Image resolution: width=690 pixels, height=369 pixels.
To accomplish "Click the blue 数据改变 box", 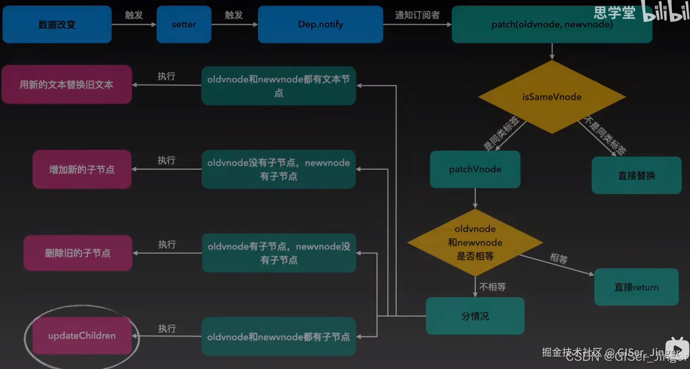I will coord(57,24).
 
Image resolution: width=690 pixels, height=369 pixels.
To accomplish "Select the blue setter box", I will coord(184,24).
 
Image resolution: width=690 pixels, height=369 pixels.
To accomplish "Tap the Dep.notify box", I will coord(320,24).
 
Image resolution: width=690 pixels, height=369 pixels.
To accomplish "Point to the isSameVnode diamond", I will coord(552,97).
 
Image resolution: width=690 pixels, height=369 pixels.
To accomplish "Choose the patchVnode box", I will coord(475,169).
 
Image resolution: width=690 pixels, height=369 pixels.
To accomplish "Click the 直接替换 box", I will coord(636,175).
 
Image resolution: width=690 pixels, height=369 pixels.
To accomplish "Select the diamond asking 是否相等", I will coord(475,242).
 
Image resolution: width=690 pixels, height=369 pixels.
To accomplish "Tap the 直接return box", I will coord(636,287).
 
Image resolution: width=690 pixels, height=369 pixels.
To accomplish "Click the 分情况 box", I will coord(475,316).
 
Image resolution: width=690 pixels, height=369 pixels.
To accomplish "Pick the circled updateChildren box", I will coord(82,336).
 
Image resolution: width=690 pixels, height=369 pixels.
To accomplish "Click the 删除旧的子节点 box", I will coord(78,253).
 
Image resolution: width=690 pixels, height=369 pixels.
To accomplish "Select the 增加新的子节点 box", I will coord(82,169).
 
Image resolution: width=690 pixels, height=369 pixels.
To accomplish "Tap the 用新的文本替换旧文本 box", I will coord(66,84).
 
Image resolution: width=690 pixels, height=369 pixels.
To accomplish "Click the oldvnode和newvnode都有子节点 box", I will coord(279,337).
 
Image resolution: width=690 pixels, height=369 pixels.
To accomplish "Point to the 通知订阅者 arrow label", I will coord(417,15).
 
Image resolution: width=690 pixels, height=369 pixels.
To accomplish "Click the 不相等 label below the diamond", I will coord(492,287).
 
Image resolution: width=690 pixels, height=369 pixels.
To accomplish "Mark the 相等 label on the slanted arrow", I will coord(559,258).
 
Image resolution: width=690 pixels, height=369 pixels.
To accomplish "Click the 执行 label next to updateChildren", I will coord(167,328).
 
